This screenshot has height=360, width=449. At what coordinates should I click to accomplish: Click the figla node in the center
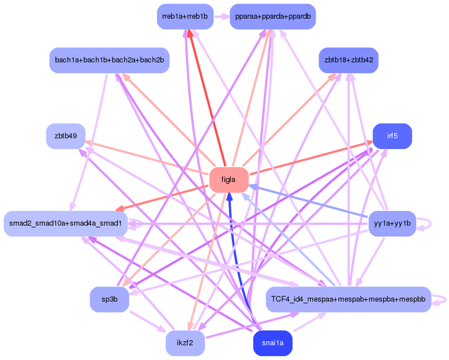click(x=229, y=180)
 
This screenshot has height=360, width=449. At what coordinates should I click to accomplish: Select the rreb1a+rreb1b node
click(x=185, y=16)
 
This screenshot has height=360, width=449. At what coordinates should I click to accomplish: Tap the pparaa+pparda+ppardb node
click(x=273, y=16)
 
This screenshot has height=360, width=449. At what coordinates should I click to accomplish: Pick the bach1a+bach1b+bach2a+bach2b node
click(x=109, y=60)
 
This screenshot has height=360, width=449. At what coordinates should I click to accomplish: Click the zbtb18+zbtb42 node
click(x=349, y=60)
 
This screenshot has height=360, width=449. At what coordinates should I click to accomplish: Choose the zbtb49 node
click(x=66, y=136)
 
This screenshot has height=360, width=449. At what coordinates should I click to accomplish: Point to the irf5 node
click(x=392, y=136)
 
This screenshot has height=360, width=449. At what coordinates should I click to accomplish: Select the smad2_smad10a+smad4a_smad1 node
click(x=66, y=224)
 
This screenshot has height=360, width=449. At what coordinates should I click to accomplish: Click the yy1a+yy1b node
click(x=392, y=224)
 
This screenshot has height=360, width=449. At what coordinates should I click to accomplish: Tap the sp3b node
click(x=109, y=299)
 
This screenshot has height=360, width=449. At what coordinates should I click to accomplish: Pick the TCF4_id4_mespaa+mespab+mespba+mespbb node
click(x=349, y=299)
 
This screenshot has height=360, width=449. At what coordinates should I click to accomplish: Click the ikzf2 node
click(x=185, y=343)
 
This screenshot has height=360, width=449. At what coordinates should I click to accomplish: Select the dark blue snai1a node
click(x=273, y=343)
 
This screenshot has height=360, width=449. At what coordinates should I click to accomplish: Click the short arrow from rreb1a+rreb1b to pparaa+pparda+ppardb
click(x=222, y=16)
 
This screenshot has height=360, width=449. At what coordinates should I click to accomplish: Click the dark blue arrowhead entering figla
click(x=230, y=196)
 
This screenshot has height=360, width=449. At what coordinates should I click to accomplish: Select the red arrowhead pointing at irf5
click(x=369, y=143)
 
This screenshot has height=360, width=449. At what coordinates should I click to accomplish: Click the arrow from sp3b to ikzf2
click(x=148, y=321)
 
